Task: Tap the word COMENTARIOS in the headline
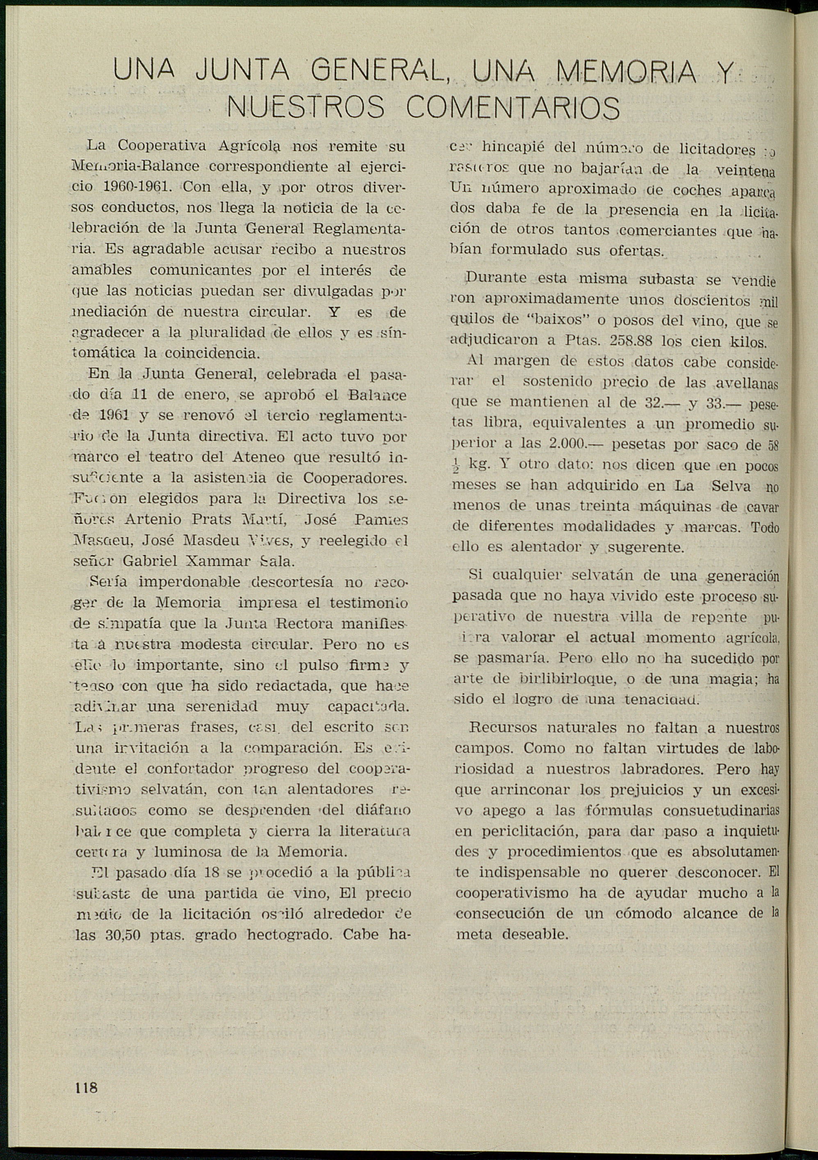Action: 513,108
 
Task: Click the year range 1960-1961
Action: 134,188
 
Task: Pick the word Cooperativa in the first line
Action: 162,146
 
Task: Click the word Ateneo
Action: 260,457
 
